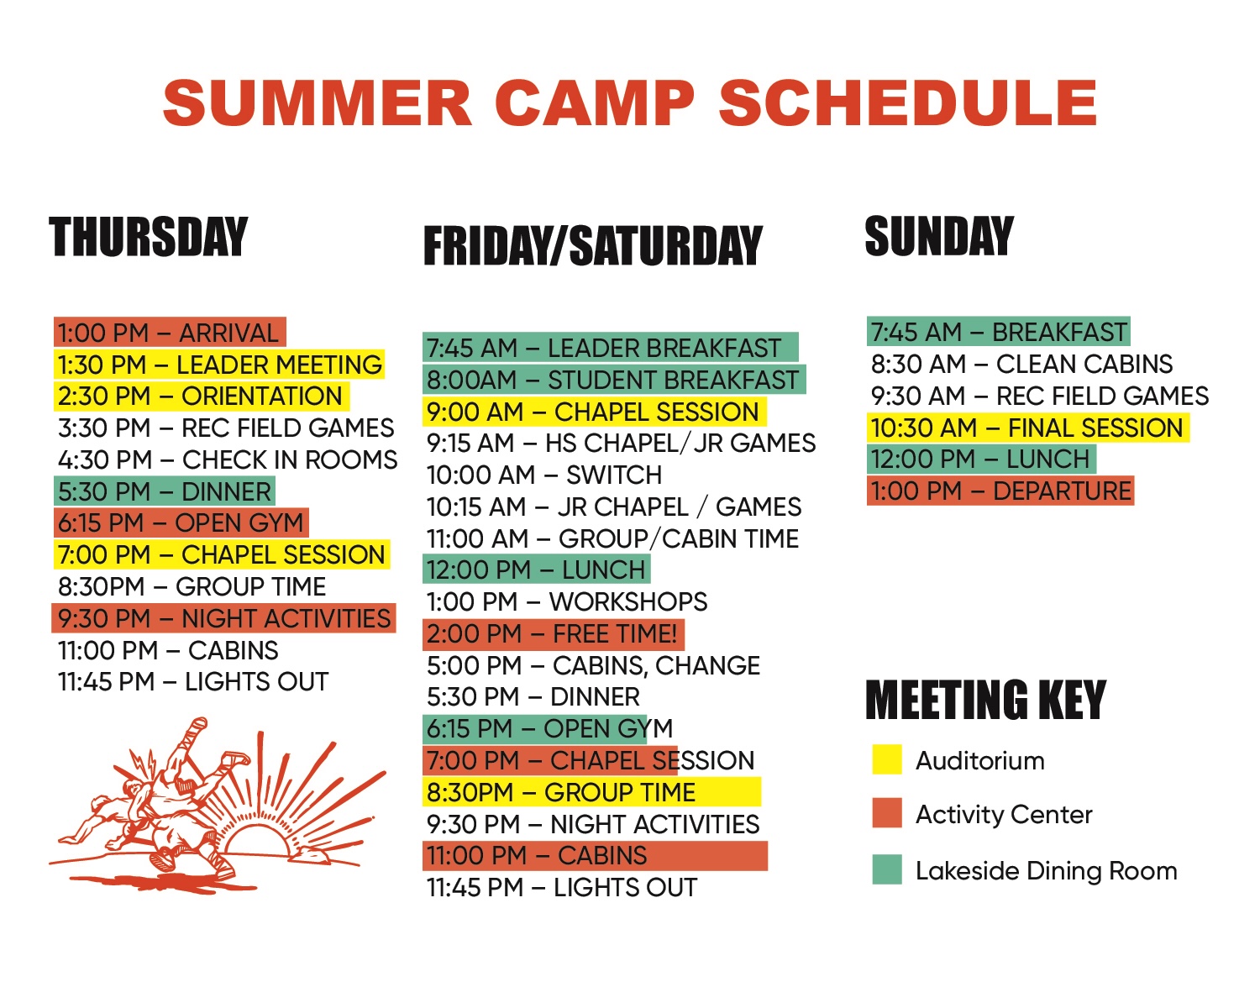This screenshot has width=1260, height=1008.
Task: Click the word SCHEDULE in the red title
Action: (908, 102)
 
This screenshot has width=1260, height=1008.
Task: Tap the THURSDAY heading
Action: (149, 237)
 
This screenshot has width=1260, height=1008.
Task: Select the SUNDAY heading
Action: (939, 236)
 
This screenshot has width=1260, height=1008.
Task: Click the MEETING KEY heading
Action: (986, 700)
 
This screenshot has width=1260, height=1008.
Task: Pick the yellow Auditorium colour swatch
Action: (886, 759)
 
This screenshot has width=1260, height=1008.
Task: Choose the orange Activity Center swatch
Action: (886, 813)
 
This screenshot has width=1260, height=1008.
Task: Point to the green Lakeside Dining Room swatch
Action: (886, 869)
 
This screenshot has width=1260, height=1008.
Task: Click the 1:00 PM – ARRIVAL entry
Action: (169, 333)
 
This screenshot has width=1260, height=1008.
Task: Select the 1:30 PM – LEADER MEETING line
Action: (219, 365)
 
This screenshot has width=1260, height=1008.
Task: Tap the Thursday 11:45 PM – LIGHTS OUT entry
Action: (193, 682)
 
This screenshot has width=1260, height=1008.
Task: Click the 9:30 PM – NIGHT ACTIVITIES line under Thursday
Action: (223, 618)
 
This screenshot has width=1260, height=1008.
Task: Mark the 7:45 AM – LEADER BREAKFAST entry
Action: (610, 348)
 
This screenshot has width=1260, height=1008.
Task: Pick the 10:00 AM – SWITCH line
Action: (544, 475)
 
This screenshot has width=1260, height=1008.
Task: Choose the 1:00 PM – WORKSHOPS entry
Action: (567, 601)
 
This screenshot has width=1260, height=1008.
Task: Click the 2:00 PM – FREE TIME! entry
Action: (554, 633)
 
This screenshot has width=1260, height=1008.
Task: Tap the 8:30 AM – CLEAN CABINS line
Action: (1021, 365)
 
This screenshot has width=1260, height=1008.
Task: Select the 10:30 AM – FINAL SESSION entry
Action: (1027, 428)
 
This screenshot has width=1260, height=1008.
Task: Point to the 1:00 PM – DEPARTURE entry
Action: (1000, 491)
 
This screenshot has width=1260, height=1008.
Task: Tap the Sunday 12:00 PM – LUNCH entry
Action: (981, 459)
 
